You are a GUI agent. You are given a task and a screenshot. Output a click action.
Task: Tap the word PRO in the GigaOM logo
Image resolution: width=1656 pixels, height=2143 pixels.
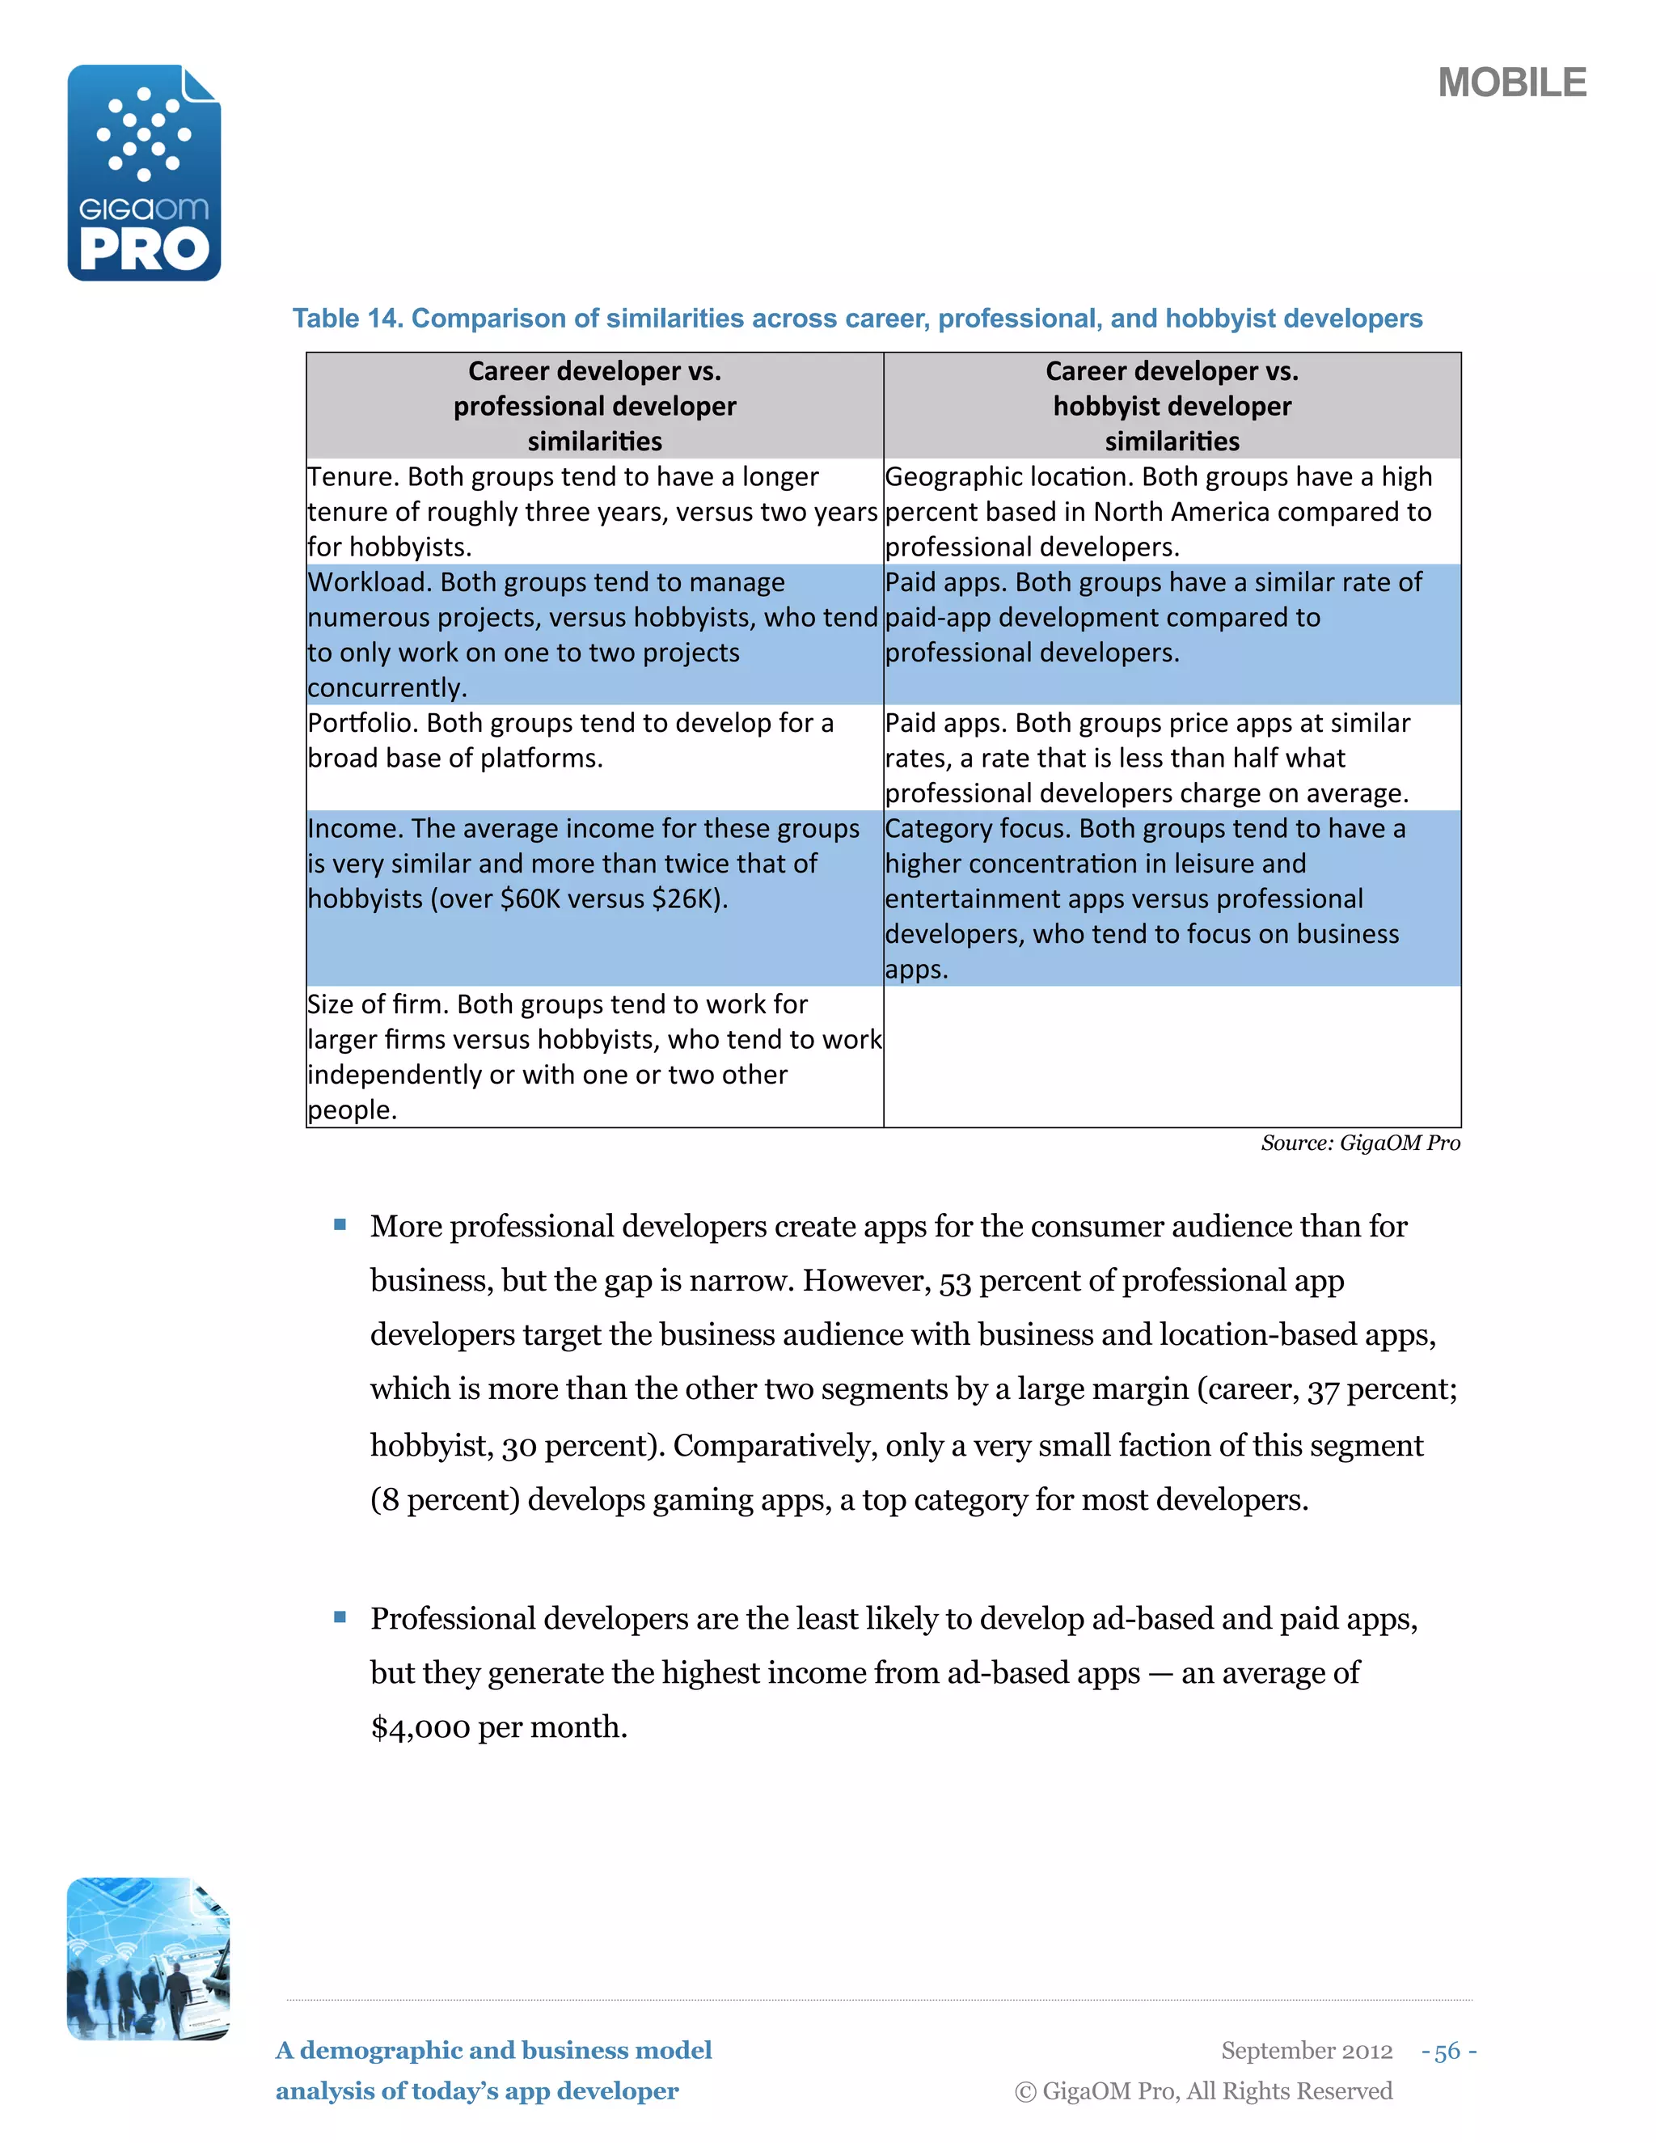[144, 249]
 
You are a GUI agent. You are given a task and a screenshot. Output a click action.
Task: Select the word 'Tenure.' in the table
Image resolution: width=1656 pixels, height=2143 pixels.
[353, 477]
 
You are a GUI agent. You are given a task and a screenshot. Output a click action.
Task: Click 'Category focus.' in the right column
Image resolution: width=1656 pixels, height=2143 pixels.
[978, 829]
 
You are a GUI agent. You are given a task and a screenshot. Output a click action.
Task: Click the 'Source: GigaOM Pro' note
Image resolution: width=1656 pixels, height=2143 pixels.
[1360, 1143]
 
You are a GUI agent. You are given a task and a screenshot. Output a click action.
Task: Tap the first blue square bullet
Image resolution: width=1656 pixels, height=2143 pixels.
[340, 1224]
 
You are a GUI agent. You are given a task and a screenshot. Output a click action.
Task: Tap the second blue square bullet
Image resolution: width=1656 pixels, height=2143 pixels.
[340, 1617]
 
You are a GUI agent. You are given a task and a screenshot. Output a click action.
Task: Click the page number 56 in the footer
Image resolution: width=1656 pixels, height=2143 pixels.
[1447, 2052]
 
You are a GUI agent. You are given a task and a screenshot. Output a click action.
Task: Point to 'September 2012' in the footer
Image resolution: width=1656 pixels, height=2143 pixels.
[1306, 2052]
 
